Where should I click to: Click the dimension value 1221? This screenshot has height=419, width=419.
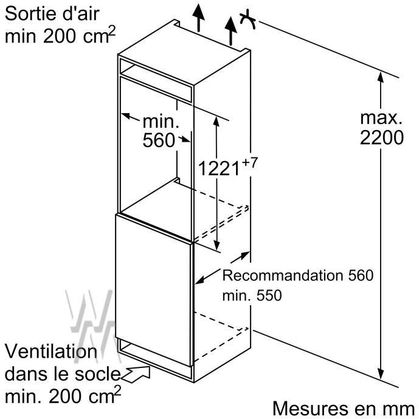[219, 168]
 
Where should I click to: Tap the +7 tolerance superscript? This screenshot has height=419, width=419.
[249, 163]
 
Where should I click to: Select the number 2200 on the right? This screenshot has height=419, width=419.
[381, 137]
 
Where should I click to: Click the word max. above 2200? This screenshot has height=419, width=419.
[381, 117]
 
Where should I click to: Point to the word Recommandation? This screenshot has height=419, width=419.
[283, 275]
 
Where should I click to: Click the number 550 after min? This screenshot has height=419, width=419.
[269, 296]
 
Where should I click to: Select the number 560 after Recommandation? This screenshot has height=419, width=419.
[361, 275]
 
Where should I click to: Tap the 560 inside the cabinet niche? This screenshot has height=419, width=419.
[159, 140]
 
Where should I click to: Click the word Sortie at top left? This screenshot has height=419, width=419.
[28, 13]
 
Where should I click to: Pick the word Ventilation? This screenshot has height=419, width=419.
[51, 351]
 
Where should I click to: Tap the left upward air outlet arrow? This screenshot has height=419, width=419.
[198, 18]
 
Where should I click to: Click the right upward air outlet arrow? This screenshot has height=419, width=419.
[230, 31]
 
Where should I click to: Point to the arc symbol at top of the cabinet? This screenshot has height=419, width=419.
[248, 19]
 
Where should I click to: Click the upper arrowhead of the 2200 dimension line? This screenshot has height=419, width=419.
[381, 77]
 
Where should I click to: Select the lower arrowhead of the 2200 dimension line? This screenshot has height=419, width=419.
[381, 373]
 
